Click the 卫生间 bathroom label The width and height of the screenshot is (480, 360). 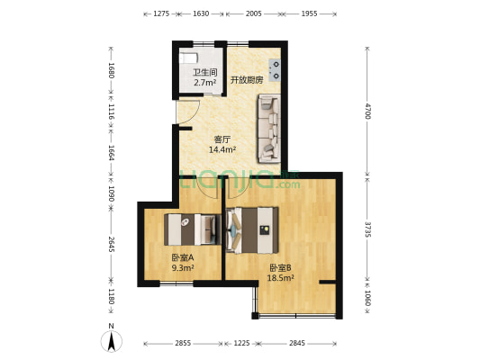pyautogui.click(x=204, y=72)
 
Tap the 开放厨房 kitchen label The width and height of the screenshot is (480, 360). pyautogui.click(x=246, y=79)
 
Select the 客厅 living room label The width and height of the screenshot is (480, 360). pyautogui.click(x=222, y=139)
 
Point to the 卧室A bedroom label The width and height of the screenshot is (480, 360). pyautogui.click(x=183, y=257)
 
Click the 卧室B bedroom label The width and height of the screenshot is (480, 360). pyautogui.click(x=279, y=267)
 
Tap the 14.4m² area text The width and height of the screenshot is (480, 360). pyautogui.click(x=222, y=150)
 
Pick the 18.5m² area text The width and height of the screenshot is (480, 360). pyautogui.click(x=280, y=278)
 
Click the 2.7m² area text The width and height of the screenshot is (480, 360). pyautogui.click(x=204, y=83)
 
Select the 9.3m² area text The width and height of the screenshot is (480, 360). pyautogui.click(x=183, y=268)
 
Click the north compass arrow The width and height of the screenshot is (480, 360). pyautogui.click(x=111, y=341)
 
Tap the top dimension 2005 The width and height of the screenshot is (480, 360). pyautogui.click(x=253, y=13)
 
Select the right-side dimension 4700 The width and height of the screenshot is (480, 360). pyautogui.click(x=367, y=111)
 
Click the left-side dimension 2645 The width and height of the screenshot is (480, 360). pyautogui.click(x=111, y=244)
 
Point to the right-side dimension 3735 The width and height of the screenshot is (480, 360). pyautogui.click(x=367, y=229)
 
